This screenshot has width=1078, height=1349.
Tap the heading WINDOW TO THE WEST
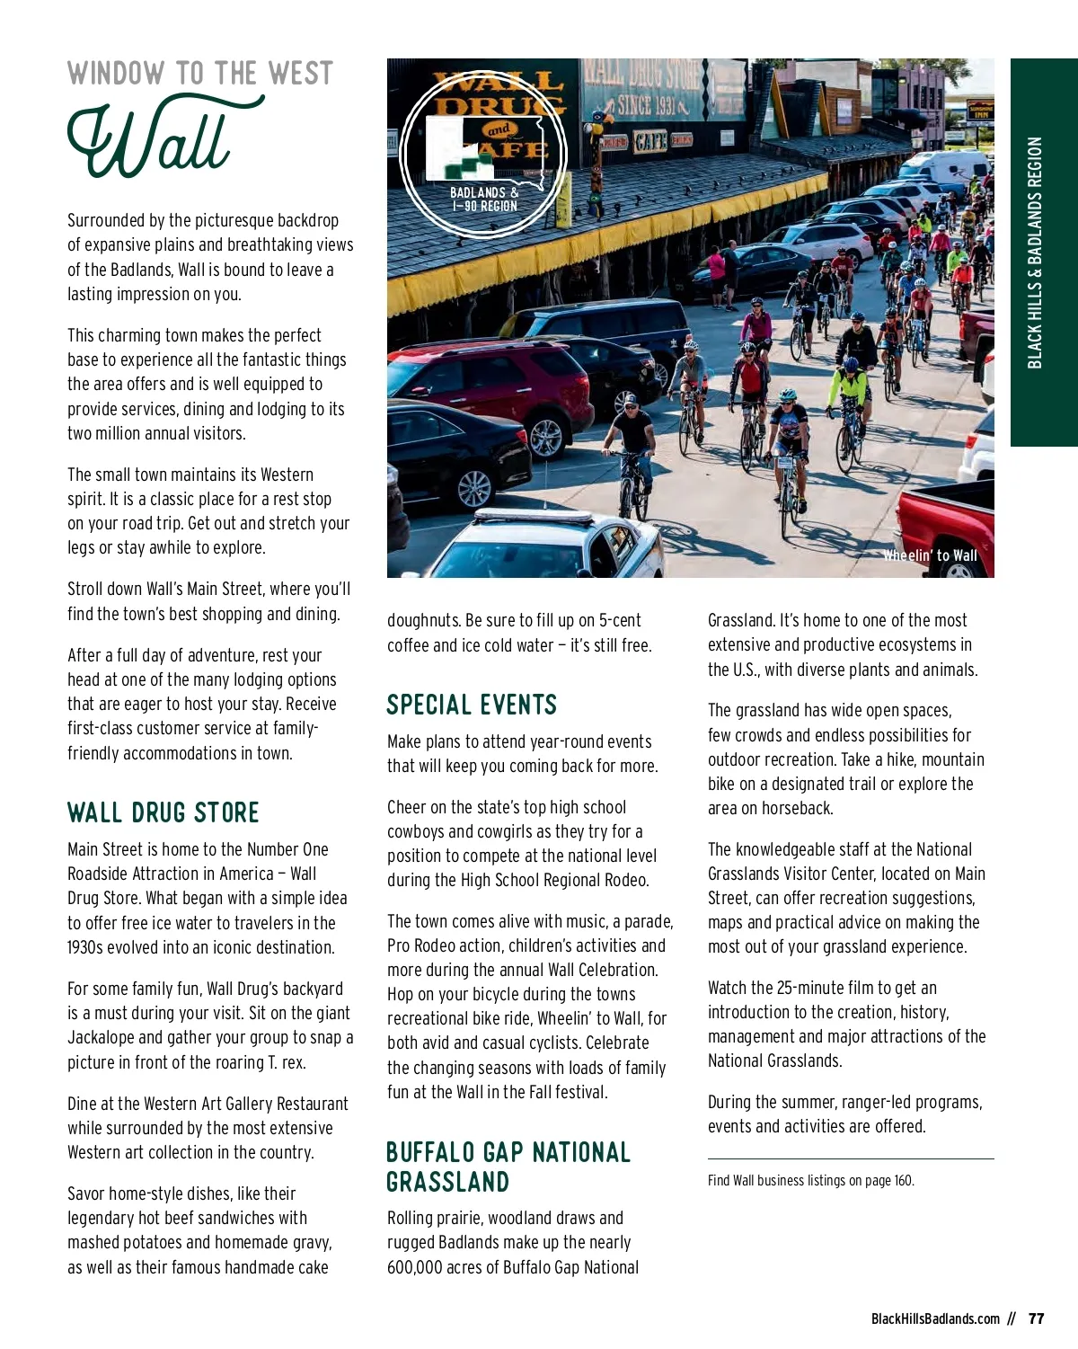point(199,74)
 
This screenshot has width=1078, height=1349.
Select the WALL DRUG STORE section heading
point(163,812)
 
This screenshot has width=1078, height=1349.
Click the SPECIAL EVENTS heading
point(472,705)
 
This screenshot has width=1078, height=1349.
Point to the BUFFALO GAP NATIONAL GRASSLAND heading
point(508,1167)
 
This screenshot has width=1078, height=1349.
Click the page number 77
point(1036,1318)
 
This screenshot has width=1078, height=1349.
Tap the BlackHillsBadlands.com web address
point(935,1318)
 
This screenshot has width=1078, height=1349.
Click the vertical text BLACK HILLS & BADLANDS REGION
point(1035,253)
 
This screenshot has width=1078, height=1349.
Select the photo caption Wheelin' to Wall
point(930,555)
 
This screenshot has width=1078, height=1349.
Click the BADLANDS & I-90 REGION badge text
point(484,199)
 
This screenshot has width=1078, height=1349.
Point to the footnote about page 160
point(810,1180)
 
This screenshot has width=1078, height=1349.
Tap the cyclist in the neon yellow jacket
point(848,386)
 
